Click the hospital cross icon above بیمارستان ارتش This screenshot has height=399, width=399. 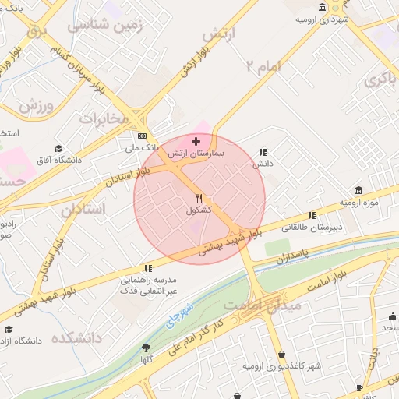196,141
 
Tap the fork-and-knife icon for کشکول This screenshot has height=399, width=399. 199,199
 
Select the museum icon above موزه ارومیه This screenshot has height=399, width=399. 358,190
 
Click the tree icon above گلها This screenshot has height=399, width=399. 146,348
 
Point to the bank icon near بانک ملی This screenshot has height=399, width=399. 141,135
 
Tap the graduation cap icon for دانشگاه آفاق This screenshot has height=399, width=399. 58,148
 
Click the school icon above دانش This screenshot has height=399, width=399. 263,152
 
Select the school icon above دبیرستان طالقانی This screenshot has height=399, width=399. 312,215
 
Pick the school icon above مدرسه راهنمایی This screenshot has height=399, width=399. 149,268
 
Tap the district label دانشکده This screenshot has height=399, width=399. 78,338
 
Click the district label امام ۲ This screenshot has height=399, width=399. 266,65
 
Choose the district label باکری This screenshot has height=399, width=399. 383,79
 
